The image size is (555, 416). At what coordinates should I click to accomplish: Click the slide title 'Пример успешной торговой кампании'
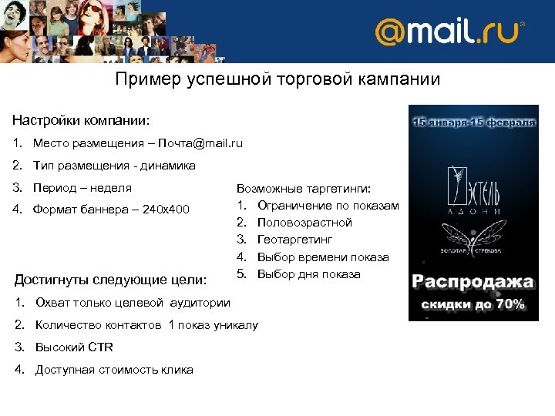point(277,79)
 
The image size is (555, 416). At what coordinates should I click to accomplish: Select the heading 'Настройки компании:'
point(82,121)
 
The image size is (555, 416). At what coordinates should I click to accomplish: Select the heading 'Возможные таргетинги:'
point(303,189)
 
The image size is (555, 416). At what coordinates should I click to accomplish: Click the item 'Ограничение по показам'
point(328,206)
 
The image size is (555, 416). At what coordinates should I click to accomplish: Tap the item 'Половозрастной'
point(304,223)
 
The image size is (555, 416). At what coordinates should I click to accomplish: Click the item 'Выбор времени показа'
point(323,257)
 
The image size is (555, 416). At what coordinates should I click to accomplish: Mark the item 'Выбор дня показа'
point(308,274)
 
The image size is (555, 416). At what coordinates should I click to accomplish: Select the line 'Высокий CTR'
point(74,347)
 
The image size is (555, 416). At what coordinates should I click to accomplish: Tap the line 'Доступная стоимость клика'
point(114,370)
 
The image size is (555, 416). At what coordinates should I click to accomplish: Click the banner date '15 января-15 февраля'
point(473,122)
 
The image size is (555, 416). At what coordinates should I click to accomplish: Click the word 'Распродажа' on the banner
point(473,282)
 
